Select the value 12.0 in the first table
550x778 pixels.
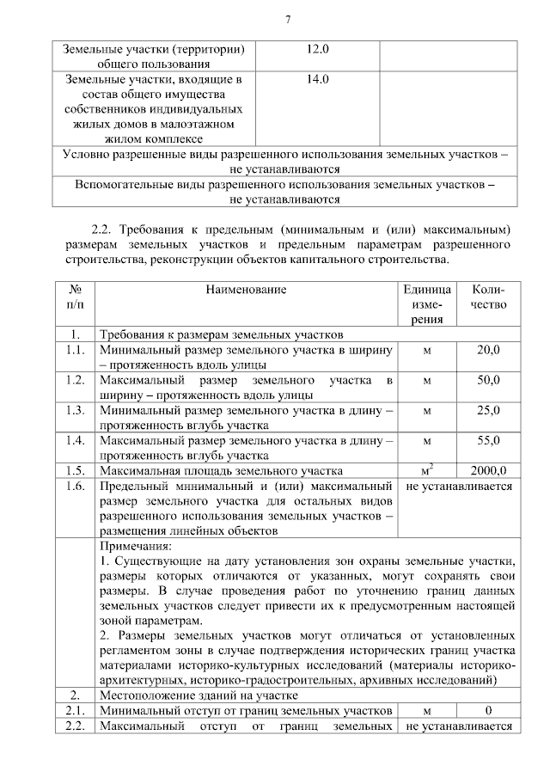318,49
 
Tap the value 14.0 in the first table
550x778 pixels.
318,79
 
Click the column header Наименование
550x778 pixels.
246,291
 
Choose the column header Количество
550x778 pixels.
488,297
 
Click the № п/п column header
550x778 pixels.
76,297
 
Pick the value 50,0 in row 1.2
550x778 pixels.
488,380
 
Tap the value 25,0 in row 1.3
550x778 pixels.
488,411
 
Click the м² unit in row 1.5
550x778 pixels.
426,469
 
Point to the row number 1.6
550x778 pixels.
76,486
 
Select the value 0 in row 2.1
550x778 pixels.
488,711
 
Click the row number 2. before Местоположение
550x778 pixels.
76,695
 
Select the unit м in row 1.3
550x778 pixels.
426,411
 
